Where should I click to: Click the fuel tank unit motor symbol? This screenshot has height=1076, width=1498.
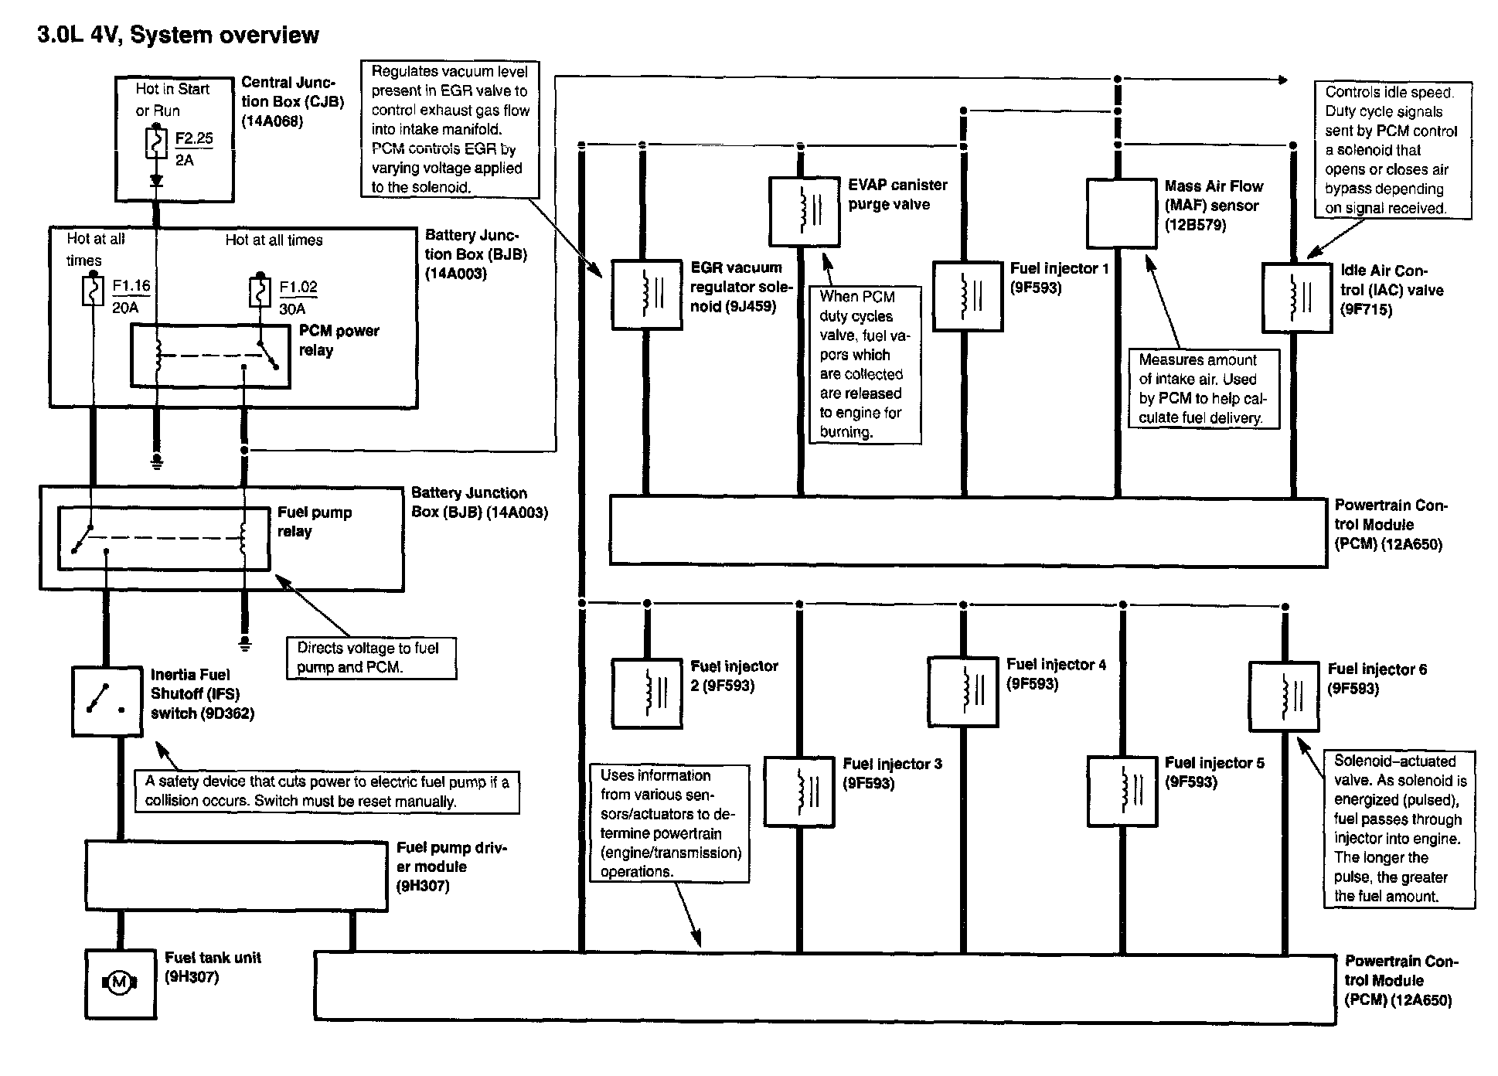click(119, 982)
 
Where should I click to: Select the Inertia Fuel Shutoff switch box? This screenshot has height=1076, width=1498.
click(107, 701)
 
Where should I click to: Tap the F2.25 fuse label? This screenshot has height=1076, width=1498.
click(193, 138)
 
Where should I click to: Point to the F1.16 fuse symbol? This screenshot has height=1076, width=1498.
click(93, 292)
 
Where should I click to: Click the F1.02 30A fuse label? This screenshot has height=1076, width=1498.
click(298, 297)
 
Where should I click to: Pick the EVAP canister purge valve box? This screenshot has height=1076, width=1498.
click(804, 211)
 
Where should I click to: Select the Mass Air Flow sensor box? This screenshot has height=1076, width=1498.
click(1121, 213)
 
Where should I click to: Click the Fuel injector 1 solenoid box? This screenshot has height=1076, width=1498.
click(968, 296)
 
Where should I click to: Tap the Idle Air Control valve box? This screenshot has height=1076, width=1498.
click(1296, 298)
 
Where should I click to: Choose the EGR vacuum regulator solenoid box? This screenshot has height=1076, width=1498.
click(646, 295)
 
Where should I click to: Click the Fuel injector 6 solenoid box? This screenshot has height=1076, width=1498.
click(1283, 696)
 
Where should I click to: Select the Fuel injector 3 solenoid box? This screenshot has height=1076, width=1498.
click(798, 791)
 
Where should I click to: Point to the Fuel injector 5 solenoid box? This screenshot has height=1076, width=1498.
click(1122, 791)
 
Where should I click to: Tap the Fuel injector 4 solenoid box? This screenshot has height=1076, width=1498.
click(962, 691)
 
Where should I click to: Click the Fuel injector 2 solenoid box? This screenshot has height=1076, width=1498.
click(646, 693)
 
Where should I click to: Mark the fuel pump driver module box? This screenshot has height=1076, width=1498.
click(236, 876)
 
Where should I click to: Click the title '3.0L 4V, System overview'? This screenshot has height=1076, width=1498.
click(178, 35)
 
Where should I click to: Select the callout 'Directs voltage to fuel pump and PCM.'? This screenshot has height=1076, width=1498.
click(371, 658)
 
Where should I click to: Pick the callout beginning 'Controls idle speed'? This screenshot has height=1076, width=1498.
click(1392, 150)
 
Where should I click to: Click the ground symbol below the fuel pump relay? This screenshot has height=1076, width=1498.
click(244, 644)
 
